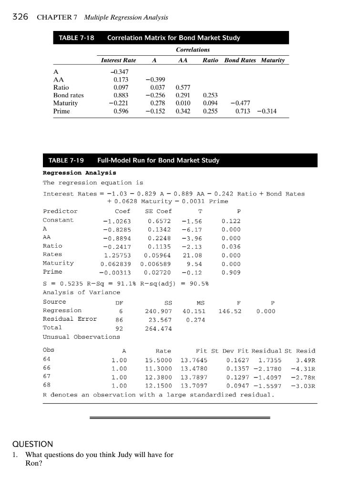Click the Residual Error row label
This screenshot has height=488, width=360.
point(70,319)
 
